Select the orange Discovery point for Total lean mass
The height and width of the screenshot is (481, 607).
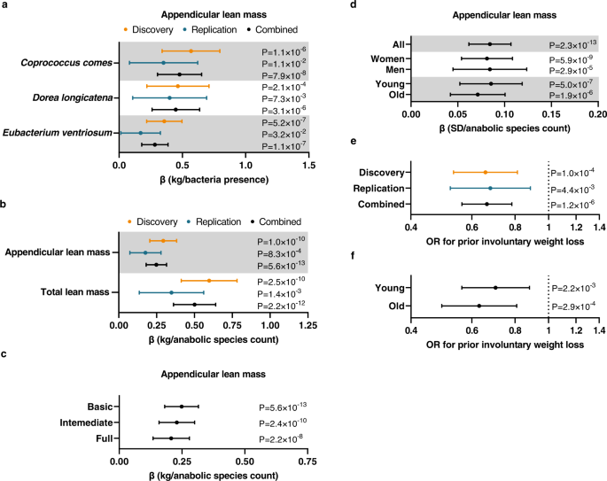point(209,281)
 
